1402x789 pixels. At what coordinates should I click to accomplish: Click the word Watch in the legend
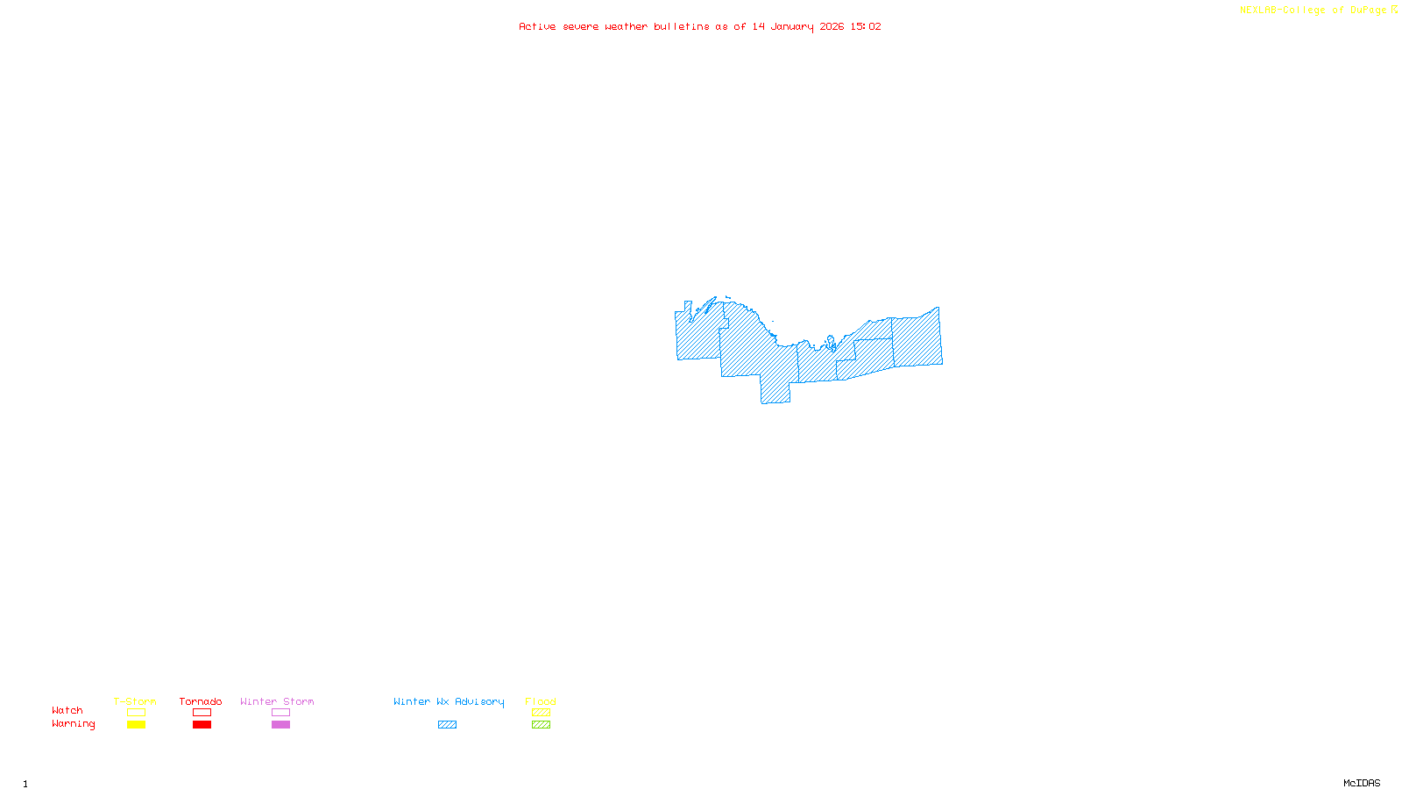(x=67, y=710)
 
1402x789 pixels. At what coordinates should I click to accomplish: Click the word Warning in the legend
(x=74, y=724)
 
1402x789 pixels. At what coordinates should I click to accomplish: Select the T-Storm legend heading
(x=135, y=701)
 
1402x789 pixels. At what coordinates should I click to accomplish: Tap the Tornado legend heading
(x=201, y=701)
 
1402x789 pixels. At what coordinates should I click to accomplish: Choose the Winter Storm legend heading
(x=277, y=701)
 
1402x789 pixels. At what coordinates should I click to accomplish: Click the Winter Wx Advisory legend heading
(x=449, y=701)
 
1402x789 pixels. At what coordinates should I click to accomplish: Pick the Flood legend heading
(x=541, y=701)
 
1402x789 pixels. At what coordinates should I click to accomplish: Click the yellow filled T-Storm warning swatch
(x=136, y=725)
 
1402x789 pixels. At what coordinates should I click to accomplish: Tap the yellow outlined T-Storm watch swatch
(x=136, y=713)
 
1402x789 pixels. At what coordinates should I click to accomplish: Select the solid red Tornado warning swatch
(x=202, y=725)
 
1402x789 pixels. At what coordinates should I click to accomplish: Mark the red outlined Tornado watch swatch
(x=202, y=713)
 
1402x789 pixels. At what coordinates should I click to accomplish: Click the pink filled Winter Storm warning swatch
(x=280, y=725)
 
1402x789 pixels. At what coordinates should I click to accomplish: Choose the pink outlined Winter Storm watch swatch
(x=280, y=713)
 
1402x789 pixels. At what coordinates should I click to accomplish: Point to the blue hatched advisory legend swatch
(x=447, y=725)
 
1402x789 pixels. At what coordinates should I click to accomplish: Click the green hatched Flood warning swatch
(x=542, y=725)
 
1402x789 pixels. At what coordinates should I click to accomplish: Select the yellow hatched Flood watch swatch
(x=542, y=713)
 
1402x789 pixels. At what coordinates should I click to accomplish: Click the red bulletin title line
(x=700, y=26)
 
